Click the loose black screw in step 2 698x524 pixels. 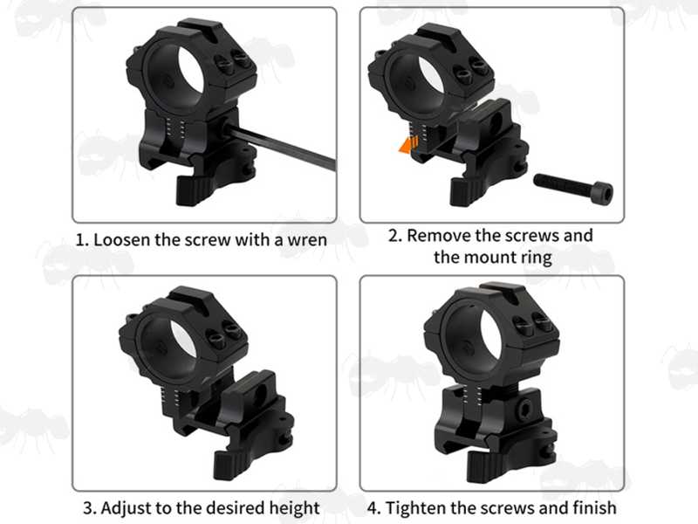573,186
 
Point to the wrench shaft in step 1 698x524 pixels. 280,147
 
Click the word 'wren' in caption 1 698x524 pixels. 307,240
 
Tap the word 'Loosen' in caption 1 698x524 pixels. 121,239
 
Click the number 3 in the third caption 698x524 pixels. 88,508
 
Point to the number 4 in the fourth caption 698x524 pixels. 373,508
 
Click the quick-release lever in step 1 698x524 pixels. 192,189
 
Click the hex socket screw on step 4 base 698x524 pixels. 525,408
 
